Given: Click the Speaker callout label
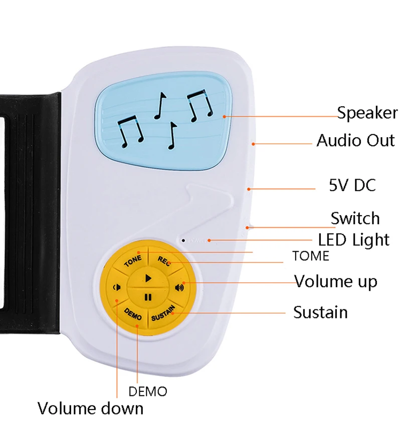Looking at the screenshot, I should [x=367, y=113].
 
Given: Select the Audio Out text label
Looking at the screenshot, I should [x=355, y=140].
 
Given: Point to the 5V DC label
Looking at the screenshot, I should [x=352, y=186].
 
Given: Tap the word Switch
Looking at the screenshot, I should [x=355, y=218].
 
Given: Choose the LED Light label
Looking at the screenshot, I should [x=353, y=240].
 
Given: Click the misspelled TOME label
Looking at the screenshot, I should [x=311, y=256].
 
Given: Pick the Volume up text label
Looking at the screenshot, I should [x=335, y=281].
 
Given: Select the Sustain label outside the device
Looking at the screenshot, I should [x=320, y=312].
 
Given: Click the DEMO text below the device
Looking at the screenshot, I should [x=148, y=391].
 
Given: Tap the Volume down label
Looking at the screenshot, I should [x=90, y=408].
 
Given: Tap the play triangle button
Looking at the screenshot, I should [x=148, y=277].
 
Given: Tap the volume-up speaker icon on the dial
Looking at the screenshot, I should [x=179, y=287].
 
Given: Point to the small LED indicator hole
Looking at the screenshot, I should [x=184, y=240].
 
